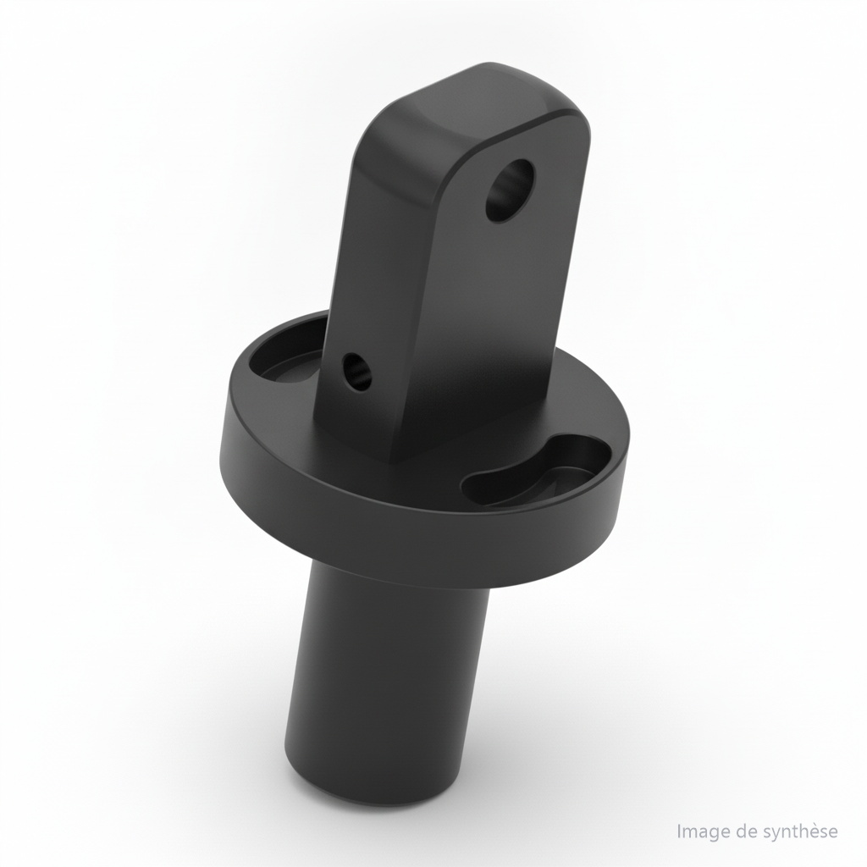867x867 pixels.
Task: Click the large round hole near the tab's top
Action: [x=511, y=191]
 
